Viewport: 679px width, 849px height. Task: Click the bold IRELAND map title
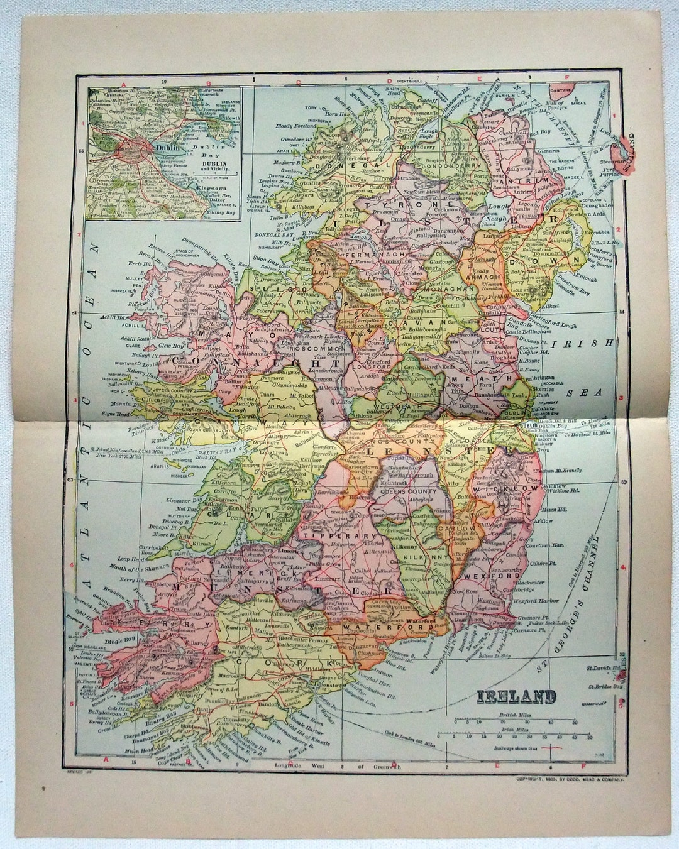pyautogui.click(x=516, y=697)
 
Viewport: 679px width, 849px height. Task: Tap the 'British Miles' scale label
pyautogui.click(x=512, y=715)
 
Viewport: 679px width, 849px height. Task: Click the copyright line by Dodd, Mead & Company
pyautogui.click(x=570, y=779)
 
